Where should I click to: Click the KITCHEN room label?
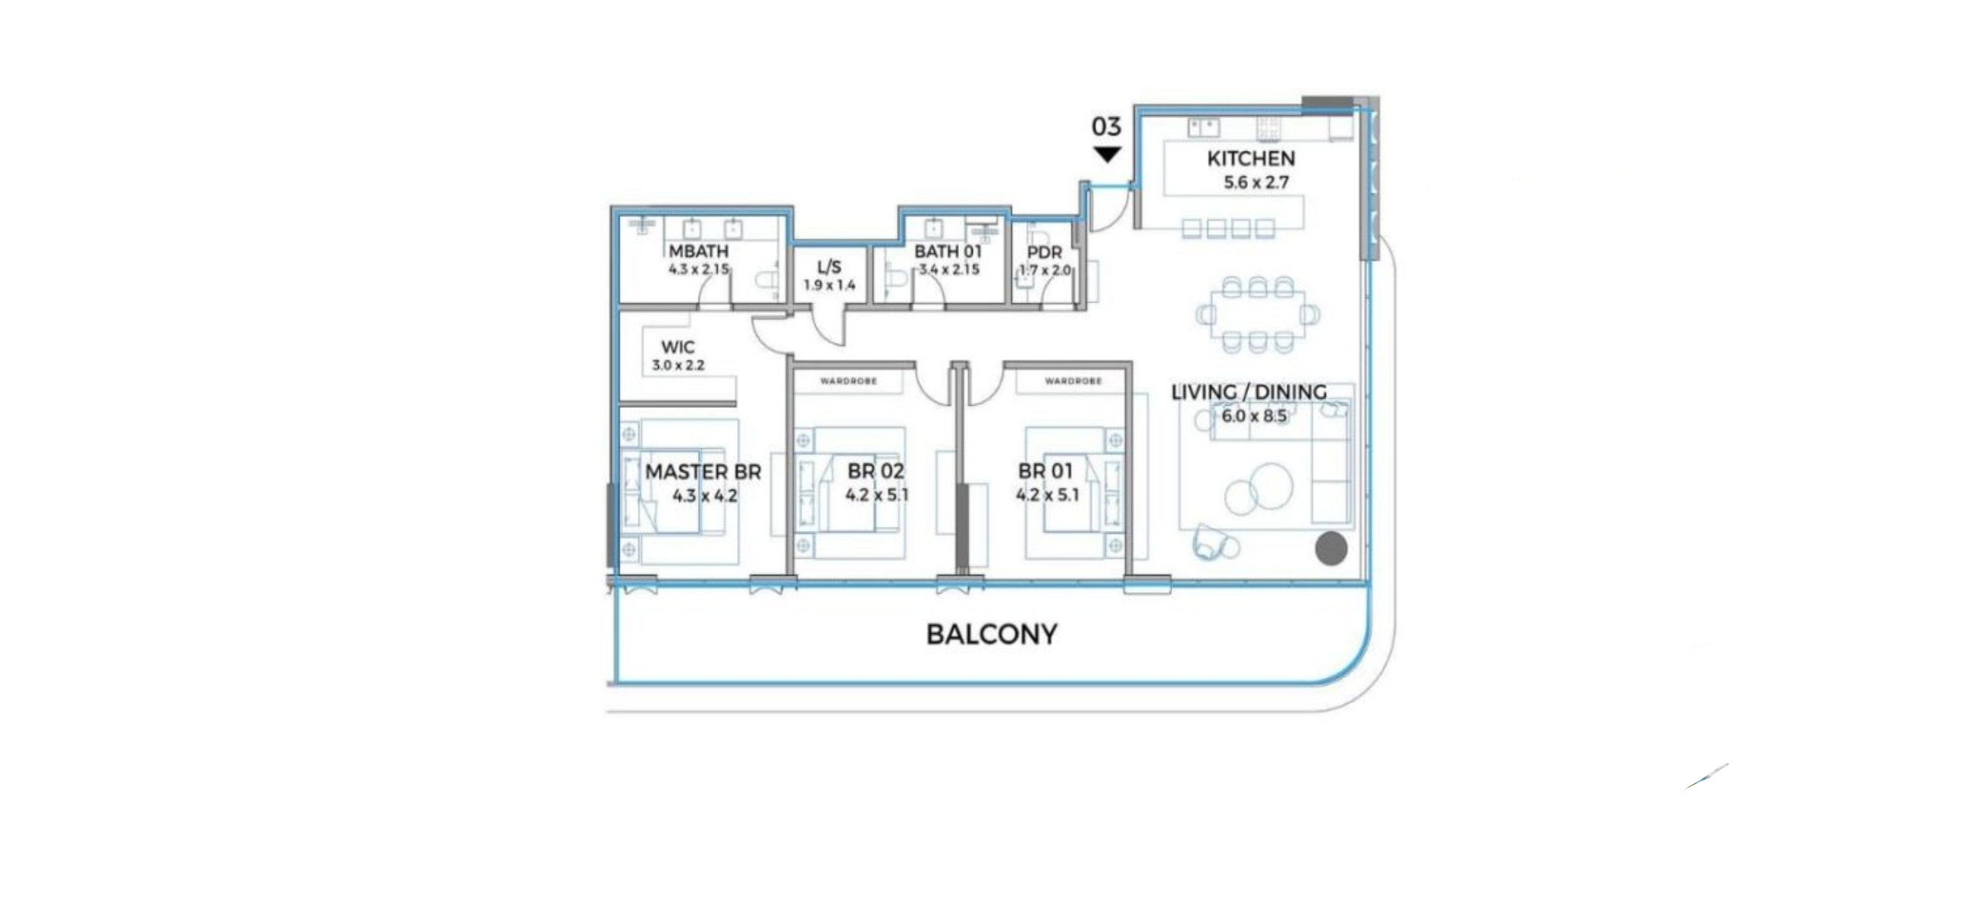(x=1251, y=158)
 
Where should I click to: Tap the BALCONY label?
(x=992, y=634)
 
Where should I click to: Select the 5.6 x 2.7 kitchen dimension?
(x=1256, y=183)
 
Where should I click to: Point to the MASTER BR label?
(x=704, y=472)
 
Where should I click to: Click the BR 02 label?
(x=876, y=471)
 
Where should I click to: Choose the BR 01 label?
(x=1045, y=471)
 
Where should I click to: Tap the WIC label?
(x=678, y=347)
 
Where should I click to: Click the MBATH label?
(x=698, y=251)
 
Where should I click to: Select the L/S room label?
(x=829, y=268)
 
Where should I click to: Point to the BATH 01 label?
(x=948, y=251)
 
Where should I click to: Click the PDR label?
(x=1045, y=253)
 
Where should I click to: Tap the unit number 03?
(x=1106, y=127)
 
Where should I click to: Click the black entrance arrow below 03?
(x=1107, y=155)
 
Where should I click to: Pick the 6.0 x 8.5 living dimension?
(x=1255, y=416)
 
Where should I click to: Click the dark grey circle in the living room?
(x=1331, y=548)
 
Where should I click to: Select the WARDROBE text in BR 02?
(x=848, y=381)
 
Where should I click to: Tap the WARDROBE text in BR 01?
(x=1073, y=381)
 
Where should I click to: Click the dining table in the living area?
(x=1258, y=315)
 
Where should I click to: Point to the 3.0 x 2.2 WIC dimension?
(x=679, y=366)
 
